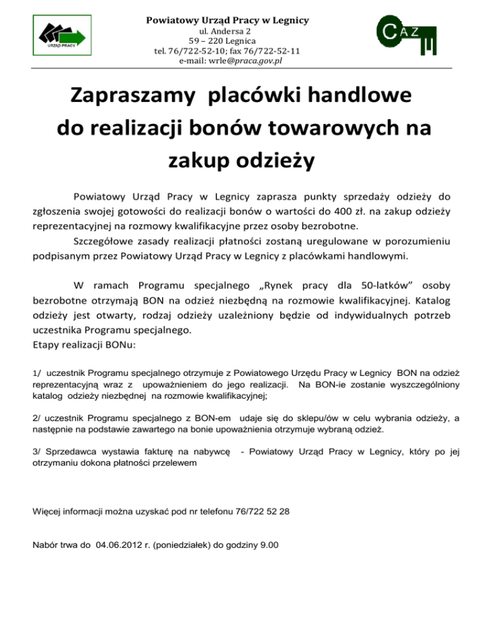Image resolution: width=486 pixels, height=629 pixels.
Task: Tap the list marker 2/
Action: click(37, 418)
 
